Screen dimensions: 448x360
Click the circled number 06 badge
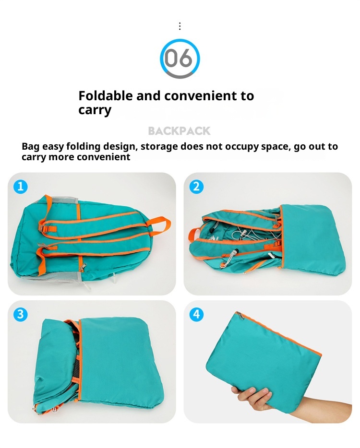(x=180, y=59)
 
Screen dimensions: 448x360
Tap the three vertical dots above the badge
(x=180, y=26)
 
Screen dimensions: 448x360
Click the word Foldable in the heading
(x=106, y=95)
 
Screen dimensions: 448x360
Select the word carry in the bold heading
(x=95, y=110)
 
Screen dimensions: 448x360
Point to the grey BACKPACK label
(x=179, y=131)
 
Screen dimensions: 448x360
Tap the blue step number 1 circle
(x=20, y=187)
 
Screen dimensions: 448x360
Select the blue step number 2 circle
(x=196, y=187)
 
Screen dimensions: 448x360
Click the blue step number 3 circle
(x=20, y=315)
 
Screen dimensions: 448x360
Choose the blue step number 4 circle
(x=196, y=315)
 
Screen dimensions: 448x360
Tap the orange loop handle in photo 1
(x=161, y=223)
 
